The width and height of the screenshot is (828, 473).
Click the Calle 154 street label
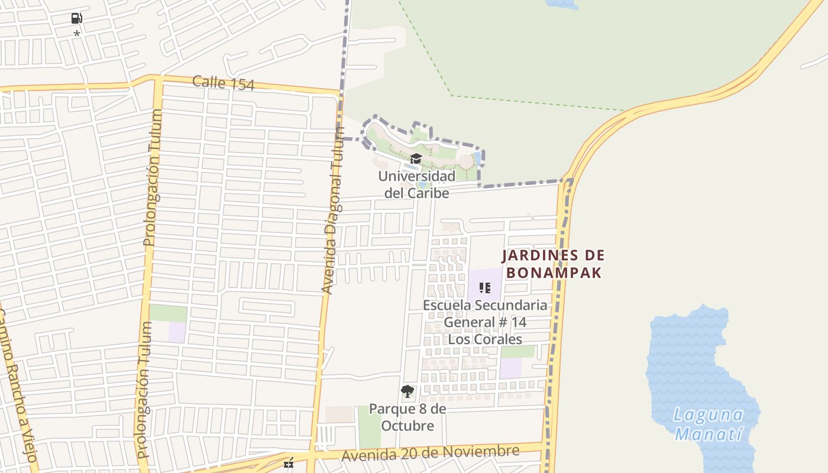223,83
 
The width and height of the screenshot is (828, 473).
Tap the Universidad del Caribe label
416,184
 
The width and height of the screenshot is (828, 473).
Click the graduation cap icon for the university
416,158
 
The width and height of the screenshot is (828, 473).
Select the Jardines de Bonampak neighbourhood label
554,264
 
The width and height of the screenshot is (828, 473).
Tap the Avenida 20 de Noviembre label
431,453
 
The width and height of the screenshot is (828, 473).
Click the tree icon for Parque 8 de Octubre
407,391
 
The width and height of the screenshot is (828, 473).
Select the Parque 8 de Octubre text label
407,417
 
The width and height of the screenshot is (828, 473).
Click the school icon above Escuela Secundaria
485,288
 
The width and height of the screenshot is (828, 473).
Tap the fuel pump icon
76,18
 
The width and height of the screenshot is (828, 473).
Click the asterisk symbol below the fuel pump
76,34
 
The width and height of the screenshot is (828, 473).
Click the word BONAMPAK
554,273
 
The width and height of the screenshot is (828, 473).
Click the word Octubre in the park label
407,426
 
